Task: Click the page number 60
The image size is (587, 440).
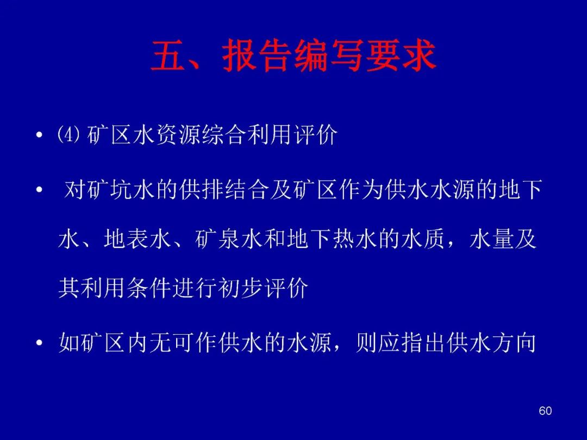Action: pyautogui.click(x=545, y=411)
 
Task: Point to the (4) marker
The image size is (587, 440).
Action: pyautogui.click(x=68, y=134)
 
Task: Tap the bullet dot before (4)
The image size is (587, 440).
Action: pyautogui.click(x=39, y=135)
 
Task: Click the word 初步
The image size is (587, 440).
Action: pyautogui.click(x=241, y=288)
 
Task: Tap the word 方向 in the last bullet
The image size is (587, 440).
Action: pyautogui.click(x=514, y=342)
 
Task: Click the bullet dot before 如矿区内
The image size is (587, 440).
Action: pyautogui.click(x=39, y=343)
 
